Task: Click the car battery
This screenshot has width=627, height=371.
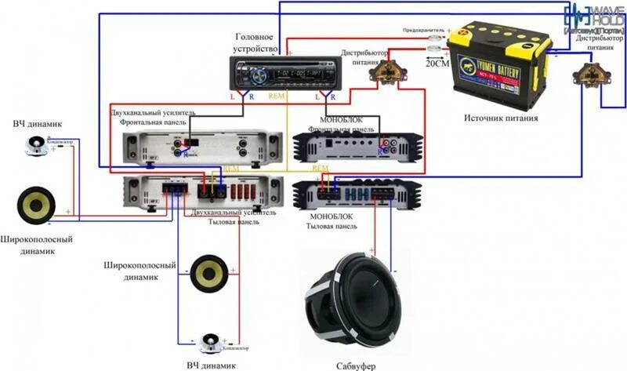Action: (498, 67)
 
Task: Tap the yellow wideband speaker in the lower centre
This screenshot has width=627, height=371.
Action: (208, 274)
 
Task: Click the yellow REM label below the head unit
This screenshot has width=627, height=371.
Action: (277, 96)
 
